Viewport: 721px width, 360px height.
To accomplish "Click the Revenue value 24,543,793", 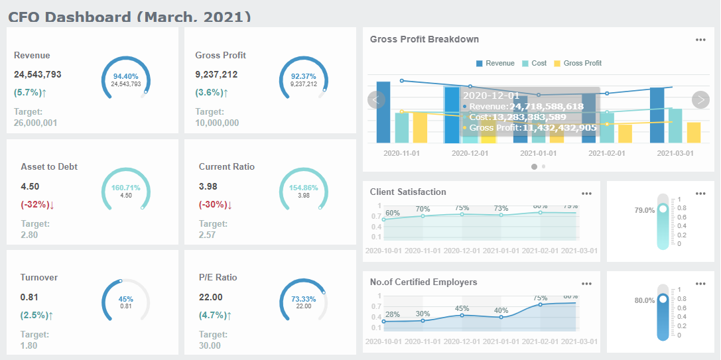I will (38, 75).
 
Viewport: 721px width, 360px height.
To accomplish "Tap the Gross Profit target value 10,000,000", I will (217, 123).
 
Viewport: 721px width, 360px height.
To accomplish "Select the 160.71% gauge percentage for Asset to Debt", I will (126, 188).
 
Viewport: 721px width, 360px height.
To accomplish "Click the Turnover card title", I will (38, 277).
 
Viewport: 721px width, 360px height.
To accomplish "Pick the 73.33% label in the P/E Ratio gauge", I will (304, 298).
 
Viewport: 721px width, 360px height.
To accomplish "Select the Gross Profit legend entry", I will (578, 63).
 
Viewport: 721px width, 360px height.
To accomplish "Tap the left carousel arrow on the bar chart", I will (376, 99).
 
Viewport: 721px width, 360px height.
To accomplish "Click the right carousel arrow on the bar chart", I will (700, 99).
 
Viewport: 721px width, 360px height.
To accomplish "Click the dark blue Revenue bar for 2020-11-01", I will (383, 113).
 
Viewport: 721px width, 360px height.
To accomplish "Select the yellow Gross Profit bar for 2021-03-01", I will (694, 133).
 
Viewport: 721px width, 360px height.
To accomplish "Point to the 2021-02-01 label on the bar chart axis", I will (606, 152).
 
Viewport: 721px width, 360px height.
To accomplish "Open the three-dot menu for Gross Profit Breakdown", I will (700, 40).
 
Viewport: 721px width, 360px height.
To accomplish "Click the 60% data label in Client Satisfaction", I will (393, 213).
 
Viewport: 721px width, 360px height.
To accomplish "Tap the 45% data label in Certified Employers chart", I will (462, 308).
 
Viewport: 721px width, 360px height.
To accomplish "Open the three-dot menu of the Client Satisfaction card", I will (586, 194).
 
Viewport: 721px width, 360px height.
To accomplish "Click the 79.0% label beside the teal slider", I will (645, 210).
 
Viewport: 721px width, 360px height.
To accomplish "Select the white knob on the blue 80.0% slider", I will (663, 300).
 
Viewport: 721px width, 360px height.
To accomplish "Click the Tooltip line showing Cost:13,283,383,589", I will (514, 117).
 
